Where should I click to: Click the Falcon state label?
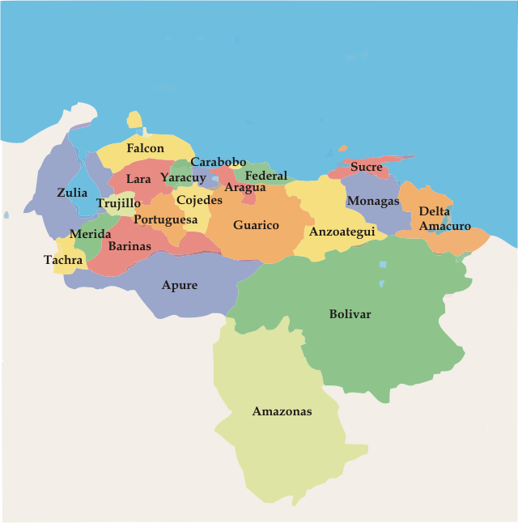(145, 148)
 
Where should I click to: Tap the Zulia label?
(72, 193)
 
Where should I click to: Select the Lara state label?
(138, 179)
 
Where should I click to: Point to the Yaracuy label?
(183, 177)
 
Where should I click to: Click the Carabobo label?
(219, 162)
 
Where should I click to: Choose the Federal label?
(266, 176)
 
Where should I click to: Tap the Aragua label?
(245, 188)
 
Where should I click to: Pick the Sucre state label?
(367, 167)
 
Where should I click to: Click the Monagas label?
(373, 201)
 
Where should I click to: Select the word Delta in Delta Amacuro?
(435, 211)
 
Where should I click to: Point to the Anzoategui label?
(342, 232)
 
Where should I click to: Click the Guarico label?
(256, 225)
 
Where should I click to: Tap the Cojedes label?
(199, 200)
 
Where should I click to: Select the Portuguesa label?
(166, 219)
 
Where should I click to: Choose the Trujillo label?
(118, 203)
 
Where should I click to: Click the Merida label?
(90, 234)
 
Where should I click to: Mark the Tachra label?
(63, 260)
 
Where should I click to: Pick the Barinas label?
(129, 245)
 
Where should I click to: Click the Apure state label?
(179, 285)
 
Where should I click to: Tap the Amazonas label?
(282, 411)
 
